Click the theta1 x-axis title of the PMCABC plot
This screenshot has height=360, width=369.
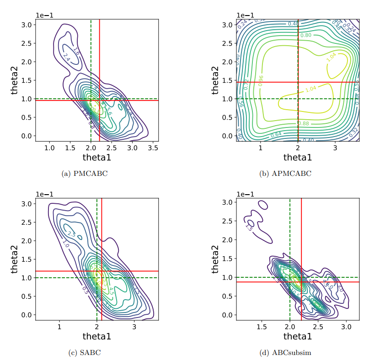pyautogui.click(x=96, y=157)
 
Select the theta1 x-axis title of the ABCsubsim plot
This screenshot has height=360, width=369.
pyautogui.click(x=298, y=336)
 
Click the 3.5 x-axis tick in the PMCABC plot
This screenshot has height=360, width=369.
pyautogui.click(x=153, y=148)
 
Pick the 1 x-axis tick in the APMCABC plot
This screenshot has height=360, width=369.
pyautogui.click(x=260, y=148)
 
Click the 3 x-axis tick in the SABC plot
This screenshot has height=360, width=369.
pyautogui.click(x=134, y=327)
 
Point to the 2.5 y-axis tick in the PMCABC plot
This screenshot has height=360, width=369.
pyautogui.click(x=28, y=43)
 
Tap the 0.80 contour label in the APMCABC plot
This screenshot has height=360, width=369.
pyautogui.click(x=305, y=35)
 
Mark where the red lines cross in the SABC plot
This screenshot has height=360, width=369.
pyautogui.click(x=102, y=271)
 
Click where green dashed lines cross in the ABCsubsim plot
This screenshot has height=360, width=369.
pyautogui.click(x=290, y=277)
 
